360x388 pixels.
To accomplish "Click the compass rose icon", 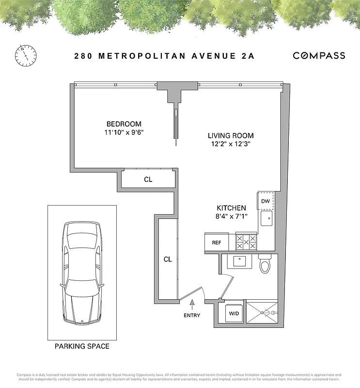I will pyautogui.click(x=26, y=55).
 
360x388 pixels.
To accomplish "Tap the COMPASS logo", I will pyautogui.click(x=319, y=56).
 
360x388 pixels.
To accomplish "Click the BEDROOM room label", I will pyautogui.click(x=124, y=124).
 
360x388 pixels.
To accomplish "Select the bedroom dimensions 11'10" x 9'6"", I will pyautogui.click(x=124, y=132).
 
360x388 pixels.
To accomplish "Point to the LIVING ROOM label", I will pyautogui.click(x=231, y=136).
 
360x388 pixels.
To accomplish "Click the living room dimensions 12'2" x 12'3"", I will pyautogui.click(x=231, y=144).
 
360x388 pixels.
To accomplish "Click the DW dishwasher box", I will pyautogui.click(x=266, y=201).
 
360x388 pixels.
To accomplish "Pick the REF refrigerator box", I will pyautogui.click(x=217, y=242).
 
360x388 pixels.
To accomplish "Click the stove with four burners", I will pyautogui.click(x=245, y=241).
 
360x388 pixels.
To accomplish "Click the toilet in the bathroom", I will pyautogui.click(x=265, y=264).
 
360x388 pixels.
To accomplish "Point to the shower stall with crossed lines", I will pyautogui.click(x=262, y=313).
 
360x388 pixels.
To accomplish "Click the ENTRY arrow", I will pyautogui.click(x=192, y=305).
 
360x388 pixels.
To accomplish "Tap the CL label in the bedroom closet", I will pyautogui.click(x=148, y=179).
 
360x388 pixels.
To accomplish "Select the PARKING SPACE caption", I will pyautogui.click(x=81, y=346).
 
